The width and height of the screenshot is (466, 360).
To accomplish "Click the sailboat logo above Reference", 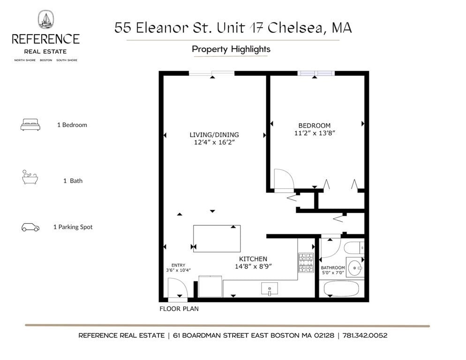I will (45, 20).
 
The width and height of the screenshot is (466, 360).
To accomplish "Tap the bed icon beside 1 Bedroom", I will (30, 125).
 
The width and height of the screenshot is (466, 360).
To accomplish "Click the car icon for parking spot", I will (30, 227).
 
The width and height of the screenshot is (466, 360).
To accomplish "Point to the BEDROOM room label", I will (314, 126).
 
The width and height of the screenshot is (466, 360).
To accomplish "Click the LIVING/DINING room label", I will (214, 135).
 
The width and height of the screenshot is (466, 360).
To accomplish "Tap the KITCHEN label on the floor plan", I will (253, 259).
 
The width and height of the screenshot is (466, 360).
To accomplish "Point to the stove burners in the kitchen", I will (306, 262).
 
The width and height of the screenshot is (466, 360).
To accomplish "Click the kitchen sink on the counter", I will (270, 289).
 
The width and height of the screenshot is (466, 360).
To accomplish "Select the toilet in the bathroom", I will (353, 247).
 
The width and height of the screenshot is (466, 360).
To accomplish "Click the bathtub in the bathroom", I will (341, 289).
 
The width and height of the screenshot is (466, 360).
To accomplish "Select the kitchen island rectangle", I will (217, 239).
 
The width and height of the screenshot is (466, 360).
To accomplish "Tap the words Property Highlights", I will (231, 49).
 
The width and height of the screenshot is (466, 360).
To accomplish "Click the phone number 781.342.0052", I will (365, 336).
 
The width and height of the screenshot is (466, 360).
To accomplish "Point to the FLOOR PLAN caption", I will (179, 309).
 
